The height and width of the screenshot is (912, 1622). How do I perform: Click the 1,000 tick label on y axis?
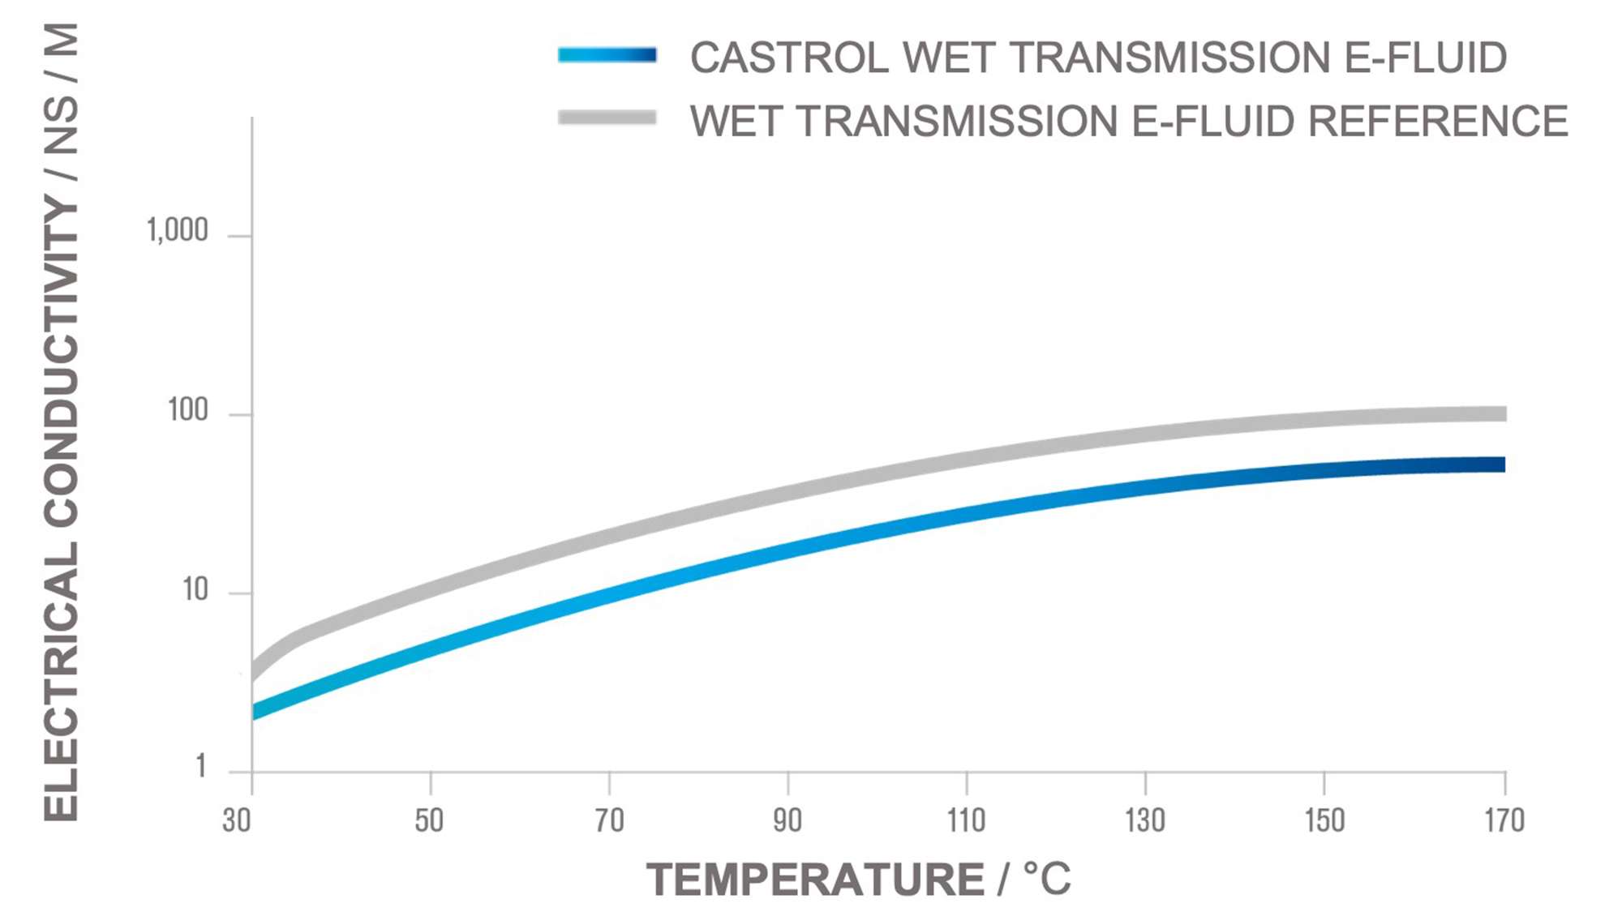177,231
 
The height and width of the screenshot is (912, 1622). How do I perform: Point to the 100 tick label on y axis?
188,410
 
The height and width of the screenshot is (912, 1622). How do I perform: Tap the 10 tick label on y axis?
195,589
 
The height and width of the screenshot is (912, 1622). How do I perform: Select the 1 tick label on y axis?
200,766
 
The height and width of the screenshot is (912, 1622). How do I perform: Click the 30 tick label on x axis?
237,820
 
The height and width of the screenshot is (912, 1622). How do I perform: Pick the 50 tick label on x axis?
429,820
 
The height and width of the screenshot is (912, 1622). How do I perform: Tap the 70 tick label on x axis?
609,820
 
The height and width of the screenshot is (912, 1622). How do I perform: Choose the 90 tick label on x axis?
787,820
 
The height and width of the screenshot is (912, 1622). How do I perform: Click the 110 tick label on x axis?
966,820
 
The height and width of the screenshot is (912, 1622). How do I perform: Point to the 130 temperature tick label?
1144,820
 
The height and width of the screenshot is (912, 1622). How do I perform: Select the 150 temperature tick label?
1324,820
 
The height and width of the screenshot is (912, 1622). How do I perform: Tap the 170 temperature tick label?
1504,820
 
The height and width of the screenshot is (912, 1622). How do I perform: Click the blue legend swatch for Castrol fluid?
607,55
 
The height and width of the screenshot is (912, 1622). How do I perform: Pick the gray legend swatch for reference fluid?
607,118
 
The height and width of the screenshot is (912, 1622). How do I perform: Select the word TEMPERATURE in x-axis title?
815,880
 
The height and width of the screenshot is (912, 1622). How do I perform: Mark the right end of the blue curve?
1502,465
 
